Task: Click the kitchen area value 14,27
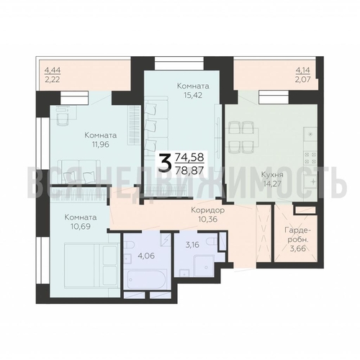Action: point(273,184)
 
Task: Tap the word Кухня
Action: point(272,175)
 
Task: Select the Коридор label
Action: point(208,210)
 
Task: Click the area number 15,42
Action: point(193,95)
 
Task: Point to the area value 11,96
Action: point(100,145)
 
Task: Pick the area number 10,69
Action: point(81,226)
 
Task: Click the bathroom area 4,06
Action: point(146,256)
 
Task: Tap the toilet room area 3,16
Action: point(192,245)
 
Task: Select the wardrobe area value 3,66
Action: point(298,248)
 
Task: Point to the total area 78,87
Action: point(189,171)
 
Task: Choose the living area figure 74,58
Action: point(189,158)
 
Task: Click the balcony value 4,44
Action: point(53,71)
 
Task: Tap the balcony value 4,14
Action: point(303,71)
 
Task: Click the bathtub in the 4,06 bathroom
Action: point(145,279)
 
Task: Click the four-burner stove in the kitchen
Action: point(310,158)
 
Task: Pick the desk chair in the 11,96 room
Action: point(63,120)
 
